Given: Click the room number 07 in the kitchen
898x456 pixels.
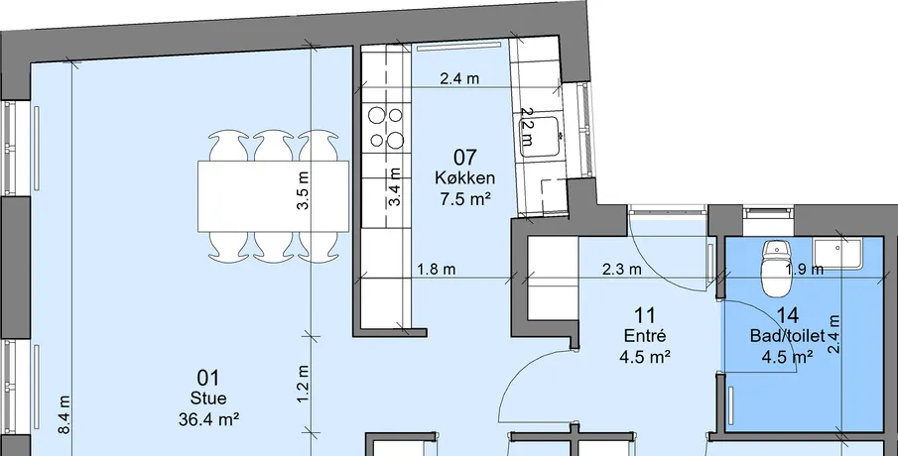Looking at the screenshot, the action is (465, 157).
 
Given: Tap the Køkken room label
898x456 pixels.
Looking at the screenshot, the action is (464, 177).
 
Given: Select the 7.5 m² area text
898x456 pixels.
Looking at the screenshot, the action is (464, 198).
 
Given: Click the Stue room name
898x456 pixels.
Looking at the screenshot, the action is (208, 399).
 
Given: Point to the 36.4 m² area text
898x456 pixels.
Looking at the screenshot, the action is (208, 419).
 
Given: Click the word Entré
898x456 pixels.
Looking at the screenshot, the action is (645, 336).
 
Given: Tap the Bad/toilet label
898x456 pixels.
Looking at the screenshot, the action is (788, 336).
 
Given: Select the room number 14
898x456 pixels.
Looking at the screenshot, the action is (788, 314).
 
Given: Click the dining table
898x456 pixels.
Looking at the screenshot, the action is (273, 196).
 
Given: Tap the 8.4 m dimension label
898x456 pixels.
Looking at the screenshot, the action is (64, 414).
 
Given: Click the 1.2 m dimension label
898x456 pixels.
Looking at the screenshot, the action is (303, 384).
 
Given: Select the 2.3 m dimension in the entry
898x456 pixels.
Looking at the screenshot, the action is (622, 269).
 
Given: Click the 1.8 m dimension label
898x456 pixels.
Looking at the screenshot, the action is (437, 269).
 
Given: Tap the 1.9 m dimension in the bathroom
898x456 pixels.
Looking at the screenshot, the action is (805, 269).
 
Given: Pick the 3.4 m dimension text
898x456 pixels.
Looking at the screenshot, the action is (394, 187).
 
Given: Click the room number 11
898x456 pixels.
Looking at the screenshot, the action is (645, 314).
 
